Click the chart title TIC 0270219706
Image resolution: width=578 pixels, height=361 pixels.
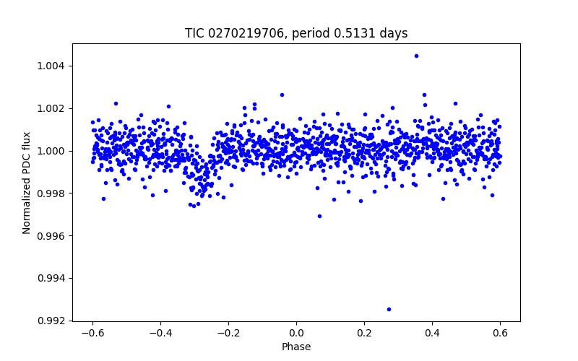[x=296, y=33]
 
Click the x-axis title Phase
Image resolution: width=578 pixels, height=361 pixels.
[x=296, y=347]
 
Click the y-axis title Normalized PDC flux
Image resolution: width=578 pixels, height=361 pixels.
[x=27, y=182]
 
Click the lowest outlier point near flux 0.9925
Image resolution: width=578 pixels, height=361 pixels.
[x=389, y=309]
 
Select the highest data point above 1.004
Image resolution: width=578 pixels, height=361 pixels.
[x=416, y=56]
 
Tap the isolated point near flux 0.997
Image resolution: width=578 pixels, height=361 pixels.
[x=319, y=216]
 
